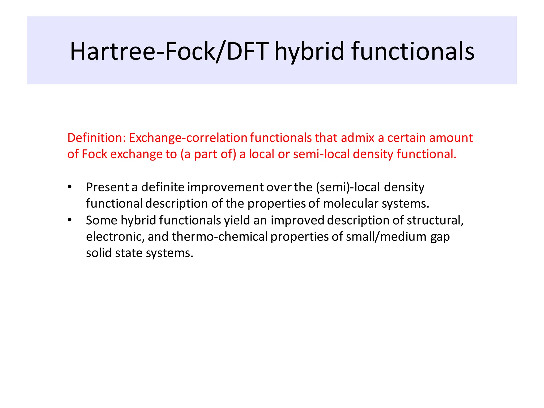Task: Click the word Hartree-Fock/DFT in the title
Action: [169, 51]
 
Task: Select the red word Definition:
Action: [96, 138]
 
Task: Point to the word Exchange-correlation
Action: [188, 138]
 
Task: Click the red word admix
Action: [358, 138]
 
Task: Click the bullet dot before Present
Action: [70, 187]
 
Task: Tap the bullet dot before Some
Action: [70, 220]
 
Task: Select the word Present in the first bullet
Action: [107, 187]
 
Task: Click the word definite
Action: [163, 187]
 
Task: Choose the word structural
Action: [435, 220]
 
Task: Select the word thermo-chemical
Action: [220, 237]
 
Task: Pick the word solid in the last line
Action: [99, 253]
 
